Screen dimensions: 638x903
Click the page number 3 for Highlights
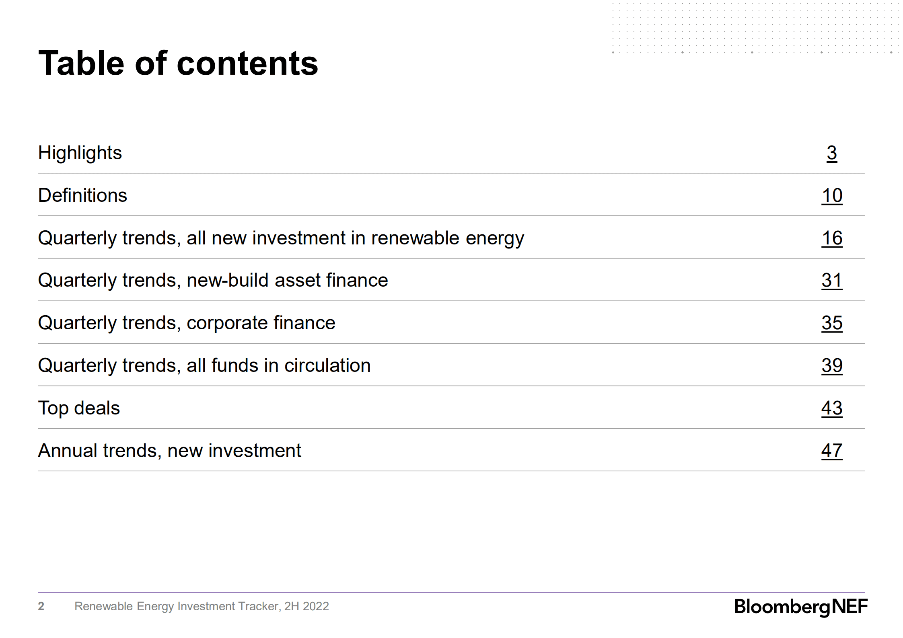click(x=831, y=153)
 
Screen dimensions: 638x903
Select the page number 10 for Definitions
click(x=831, y=196)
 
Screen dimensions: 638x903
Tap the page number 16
click(x=831, y=238)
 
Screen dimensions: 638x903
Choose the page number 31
click(x=831, y=281)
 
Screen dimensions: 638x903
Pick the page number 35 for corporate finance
click(x=831, y=323)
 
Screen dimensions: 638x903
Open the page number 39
click(x=831, y=366)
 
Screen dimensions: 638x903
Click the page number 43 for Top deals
click(x=831, y=408)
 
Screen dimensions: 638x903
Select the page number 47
click(x=831, y=451)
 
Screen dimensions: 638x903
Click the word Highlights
click(x=80, y=153)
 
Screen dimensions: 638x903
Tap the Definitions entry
click(x=82, y=196)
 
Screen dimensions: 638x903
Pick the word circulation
click(x=327, y=366)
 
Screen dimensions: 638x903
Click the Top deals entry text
click(x=79, y=408)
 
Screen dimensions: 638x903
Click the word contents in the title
click(x=247, y=64)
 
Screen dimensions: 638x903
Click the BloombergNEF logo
click(x=800, y=607)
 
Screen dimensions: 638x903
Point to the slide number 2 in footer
click(x=41, y=606)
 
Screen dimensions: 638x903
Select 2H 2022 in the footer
click(x=306, y=606)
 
